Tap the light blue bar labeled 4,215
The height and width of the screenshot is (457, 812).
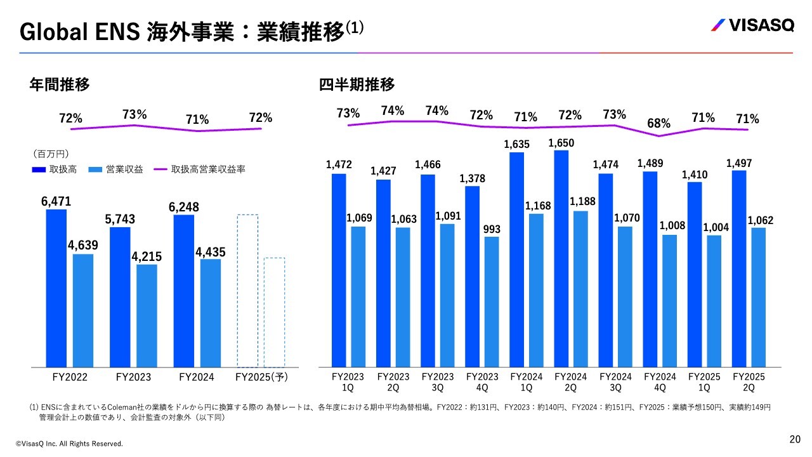tap(147, 315)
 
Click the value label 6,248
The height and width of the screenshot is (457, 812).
tap(184, 207)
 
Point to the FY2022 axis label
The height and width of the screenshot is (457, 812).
tap(70, 377)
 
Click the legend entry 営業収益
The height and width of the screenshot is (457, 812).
tap(120, 169)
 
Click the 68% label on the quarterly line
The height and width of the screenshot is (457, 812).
tap(659, 122)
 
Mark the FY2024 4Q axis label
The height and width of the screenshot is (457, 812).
tap(660, 381)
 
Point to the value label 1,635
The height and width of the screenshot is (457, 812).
tap(516, 145)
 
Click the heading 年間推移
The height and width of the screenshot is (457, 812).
tap(59, 84)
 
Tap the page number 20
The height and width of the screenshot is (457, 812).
tap(795, 439)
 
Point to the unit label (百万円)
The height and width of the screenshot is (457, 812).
tap(51, 154)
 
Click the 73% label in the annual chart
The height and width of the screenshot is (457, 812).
tap(134, 114)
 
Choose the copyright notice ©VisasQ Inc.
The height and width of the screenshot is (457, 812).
tap(69, 443)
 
